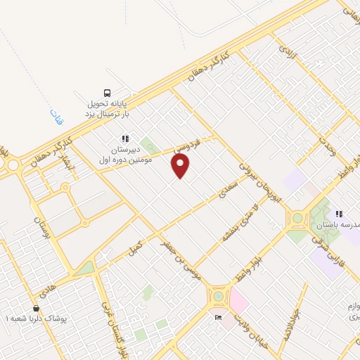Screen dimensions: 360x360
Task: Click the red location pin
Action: click(x=181, y=166)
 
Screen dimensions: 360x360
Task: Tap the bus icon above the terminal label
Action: click(x=107, y=92)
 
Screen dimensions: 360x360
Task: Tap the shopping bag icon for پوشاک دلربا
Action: click(x=36, y=308)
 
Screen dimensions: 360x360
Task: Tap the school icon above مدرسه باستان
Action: click(x=339, y=214)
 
